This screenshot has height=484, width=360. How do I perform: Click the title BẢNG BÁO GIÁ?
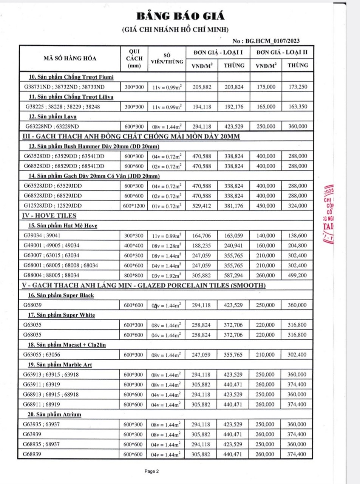[180, 16]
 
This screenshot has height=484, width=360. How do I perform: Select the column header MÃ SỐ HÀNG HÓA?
[70, 58]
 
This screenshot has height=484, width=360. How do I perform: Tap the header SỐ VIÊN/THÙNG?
[167, 59]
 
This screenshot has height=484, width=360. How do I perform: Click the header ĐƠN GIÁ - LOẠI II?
[282, 53]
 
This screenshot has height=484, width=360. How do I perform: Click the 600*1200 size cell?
[134, 206]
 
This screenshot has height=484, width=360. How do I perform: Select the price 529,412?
[202, 206]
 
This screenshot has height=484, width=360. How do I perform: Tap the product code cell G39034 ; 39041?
[42, 236]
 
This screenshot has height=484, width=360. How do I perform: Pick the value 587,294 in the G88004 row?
[233, 276]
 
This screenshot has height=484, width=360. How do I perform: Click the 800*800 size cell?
[134, 276]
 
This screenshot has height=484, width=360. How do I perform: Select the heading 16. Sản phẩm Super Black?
[61, 295]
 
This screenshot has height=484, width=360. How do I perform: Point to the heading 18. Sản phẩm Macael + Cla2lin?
[67, 345]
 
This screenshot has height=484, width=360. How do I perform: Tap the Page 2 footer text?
[151, 471]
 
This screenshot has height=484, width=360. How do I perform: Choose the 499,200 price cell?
[297, 276]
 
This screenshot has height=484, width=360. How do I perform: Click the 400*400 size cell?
[134, 245]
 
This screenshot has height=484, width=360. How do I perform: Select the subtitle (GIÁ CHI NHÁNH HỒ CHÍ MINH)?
[176, 29]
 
